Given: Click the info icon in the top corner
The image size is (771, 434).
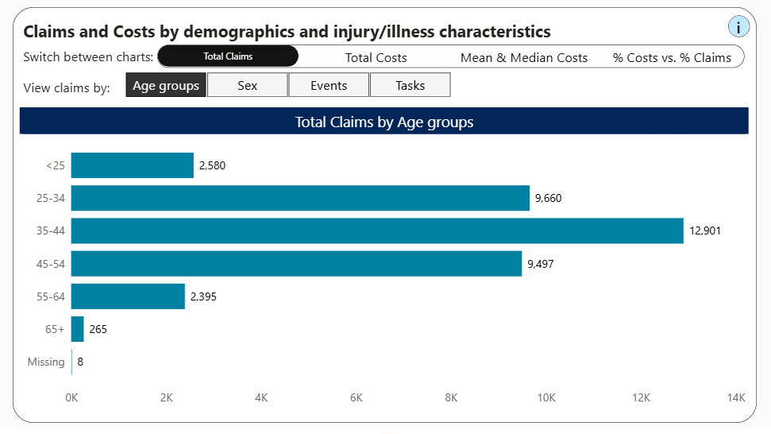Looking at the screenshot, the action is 738,26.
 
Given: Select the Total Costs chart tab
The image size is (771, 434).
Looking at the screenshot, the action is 376,57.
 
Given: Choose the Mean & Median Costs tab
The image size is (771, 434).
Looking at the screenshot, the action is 524,57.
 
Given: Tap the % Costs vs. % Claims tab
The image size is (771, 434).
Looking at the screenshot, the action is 672,57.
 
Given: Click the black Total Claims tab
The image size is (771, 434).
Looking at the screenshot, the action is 228,56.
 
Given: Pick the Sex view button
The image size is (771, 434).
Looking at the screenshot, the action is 247,85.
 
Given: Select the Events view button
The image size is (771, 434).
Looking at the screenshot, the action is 329,85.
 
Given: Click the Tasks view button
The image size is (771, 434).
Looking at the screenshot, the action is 410,85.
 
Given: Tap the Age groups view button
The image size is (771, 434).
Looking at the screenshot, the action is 166,85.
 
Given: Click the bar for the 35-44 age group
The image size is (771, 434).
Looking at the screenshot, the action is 377,231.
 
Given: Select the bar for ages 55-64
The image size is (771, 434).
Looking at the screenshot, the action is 128,296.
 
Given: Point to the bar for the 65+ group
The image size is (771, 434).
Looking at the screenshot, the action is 78,329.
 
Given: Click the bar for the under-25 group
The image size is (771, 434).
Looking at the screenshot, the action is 133,165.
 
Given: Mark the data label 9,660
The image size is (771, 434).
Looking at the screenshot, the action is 548,198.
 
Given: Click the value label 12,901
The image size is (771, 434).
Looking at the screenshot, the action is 705,231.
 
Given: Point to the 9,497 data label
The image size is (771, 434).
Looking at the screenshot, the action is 541,264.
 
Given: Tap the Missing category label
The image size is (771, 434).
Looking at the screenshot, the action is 46,362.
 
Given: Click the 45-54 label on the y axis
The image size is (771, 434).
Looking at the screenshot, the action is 51,264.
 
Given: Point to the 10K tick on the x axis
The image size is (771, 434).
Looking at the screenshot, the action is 546,397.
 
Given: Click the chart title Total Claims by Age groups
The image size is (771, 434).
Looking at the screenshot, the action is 384,122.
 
